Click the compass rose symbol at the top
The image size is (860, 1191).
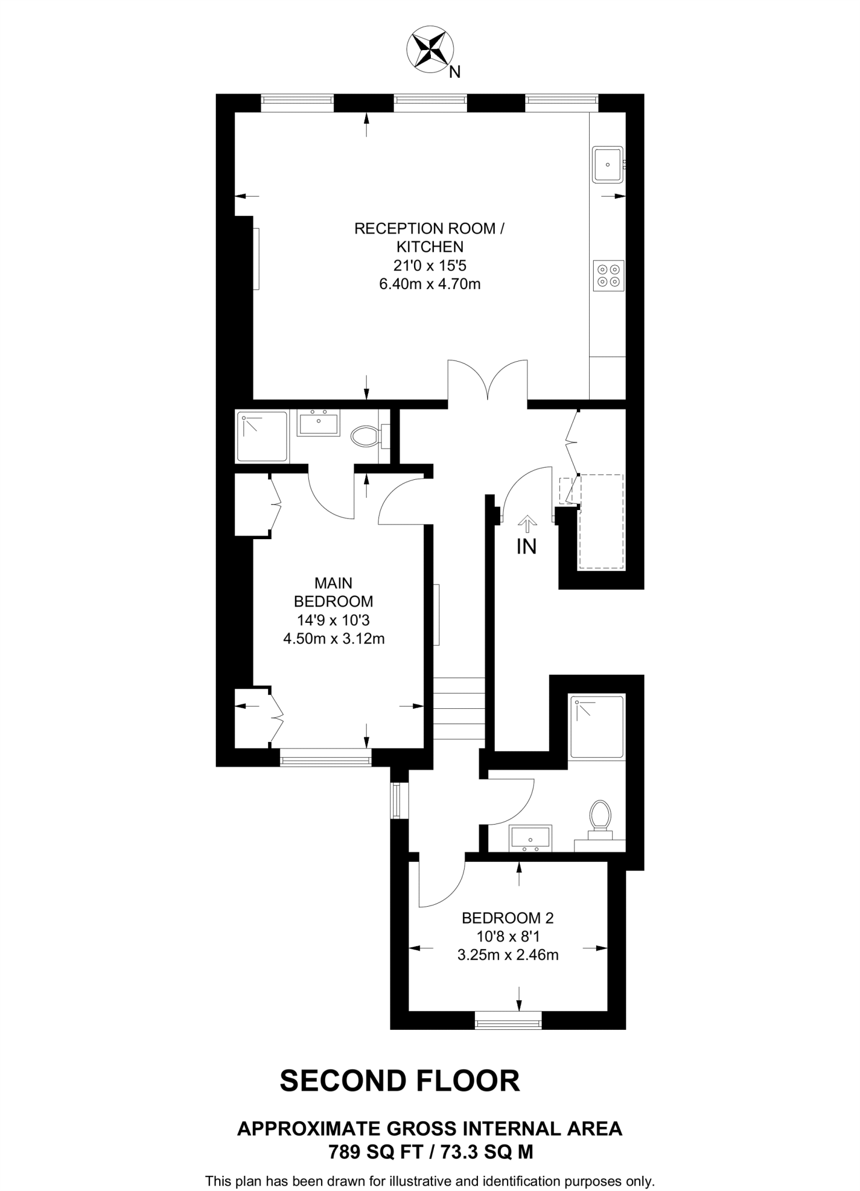(x=430, y=49)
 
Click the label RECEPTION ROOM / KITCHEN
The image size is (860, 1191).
(x=430, y=237)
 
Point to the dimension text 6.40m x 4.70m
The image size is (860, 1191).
(x=430, y=284)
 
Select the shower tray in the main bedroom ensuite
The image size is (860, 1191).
(x=262, y=437)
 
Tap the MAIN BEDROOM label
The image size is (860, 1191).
(x=333, y=592)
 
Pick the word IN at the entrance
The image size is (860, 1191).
(x=527, y=547)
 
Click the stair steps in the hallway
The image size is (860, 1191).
(x=459, y=709)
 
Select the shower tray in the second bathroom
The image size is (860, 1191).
(x=597, y=727)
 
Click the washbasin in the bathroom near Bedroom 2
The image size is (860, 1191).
(x=530, y=838)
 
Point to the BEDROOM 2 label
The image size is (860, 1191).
(x=508, y=918)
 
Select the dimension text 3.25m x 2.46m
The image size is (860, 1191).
(x=508, y=955)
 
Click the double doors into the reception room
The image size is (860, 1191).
(x=487, y=381)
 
